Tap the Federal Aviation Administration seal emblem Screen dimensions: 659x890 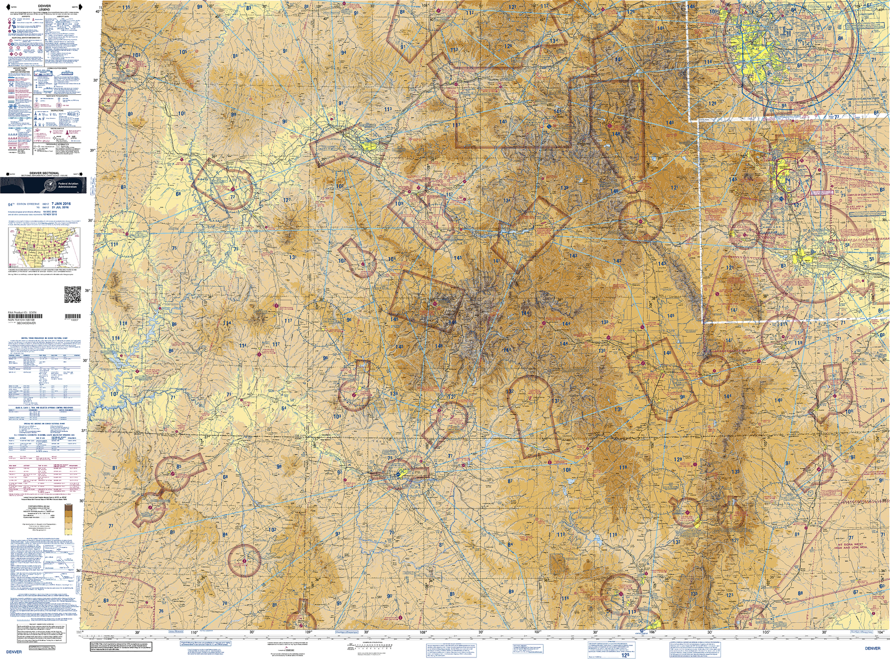tap(49, 185)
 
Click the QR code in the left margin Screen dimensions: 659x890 tap(73, 295)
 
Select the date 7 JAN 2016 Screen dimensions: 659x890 tap(61, 204)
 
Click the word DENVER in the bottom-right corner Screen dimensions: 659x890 tap(873, 648)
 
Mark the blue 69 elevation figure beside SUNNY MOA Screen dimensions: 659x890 tap(106, 600)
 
